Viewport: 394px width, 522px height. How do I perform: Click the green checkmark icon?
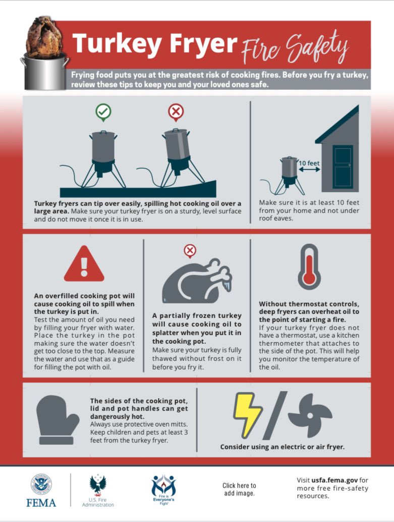tap(103, 112)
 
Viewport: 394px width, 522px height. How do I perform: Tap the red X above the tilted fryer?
tap(176, 112)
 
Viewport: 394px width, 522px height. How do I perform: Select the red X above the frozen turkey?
tap(190, 251)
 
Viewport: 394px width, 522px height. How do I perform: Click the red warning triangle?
tap(84, 264)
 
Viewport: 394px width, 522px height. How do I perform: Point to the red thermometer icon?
tap(309, 267)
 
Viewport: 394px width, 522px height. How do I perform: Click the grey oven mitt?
tap(57, 420)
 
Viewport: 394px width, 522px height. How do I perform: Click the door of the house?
tap(343, 167)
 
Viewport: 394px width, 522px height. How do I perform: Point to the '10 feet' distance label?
tap(309, 163)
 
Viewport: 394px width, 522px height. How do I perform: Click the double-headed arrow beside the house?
tap(309, 170)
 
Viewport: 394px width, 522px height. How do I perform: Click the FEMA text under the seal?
tap(41, 503)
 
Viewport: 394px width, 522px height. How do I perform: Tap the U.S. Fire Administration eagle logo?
tap(98, 485)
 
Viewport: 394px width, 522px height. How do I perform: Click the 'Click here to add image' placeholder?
tap(239, 489)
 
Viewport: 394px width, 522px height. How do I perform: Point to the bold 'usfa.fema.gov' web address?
tap(334, 480)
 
